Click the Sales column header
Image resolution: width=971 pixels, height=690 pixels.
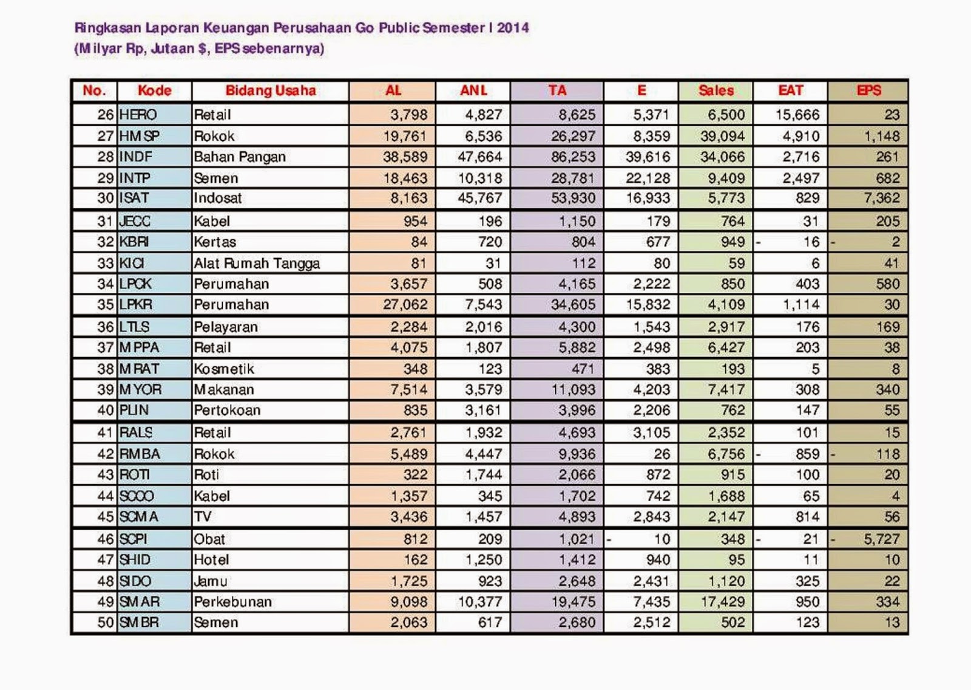click(x=716, y=91)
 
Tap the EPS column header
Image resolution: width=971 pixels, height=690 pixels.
click(x=868, y=91)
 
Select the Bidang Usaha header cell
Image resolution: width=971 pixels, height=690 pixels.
click(x=271, y=91)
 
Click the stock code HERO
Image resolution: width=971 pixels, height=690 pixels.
click(x=138, y=114)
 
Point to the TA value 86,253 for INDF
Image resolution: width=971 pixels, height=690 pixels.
click(x=573, y=157)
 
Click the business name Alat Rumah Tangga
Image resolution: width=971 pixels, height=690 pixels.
click(x=257, y=263)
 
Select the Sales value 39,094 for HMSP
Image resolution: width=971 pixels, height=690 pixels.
click(x=722, y=136)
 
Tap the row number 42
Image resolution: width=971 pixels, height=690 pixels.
click(x=106, y=454)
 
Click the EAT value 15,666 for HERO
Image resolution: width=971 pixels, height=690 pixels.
click(x=797, y=114)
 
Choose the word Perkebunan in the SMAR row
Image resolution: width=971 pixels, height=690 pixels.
click(x=232, y=602)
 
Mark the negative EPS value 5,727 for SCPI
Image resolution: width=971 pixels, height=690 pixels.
click(x=882, y=539)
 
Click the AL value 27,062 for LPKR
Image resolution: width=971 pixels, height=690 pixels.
click(x=405, y=304)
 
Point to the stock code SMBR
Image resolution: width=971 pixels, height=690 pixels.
click(x=140, y=623)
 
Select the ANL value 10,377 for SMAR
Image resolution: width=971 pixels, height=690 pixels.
click(x=480, y=602)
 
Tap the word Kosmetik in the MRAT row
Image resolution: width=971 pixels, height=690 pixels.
click(x=224, y=369)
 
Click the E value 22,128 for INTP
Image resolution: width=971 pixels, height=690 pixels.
click(x=648, y=178)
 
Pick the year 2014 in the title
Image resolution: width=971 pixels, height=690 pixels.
click(x=513, y=27)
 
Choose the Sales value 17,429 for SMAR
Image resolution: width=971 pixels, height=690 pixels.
click(x=722, y=602)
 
